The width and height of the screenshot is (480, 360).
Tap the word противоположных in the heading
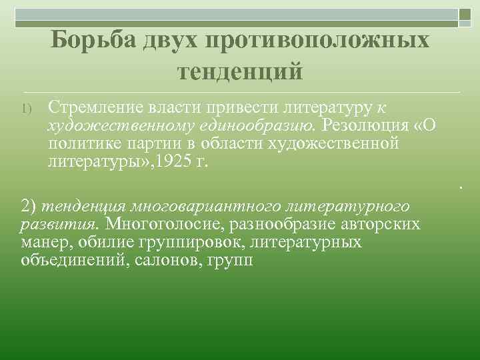[317, 40]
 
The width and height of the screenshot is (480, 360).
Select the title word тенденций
[240, 69]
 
